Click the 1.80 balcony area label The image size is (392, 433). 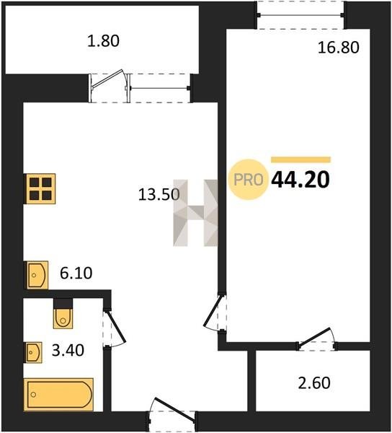point(103,41)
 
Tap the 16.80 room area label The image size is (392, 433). point(339,47)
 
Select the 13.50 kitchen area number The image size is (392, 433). point(159,194)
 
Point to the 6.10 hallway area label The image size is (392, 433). point(76,273)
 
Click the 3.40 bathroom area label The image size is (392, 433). point(68,351)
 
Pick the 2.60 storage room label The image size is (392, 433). point(314,383)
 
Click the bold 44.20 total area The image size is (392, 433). point(300,180)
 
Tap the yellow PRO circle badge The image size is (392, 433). point(249,180)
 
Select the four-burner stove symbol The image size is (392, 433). point(40,189)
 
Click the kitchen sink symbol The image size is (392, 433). point(37,275)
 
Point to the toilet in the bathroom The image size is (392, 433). point(63,314)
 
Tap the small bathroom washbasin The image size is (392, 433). point(34,352)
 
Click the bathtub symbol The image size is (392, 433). point(58,394)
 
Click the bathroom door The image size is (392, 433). point(114,328)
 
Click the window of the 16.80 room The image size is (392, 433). point(300,15)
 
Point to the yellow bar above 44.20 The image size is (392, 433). point(300,159)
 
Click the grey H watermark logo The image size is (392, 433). point(195,213)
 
